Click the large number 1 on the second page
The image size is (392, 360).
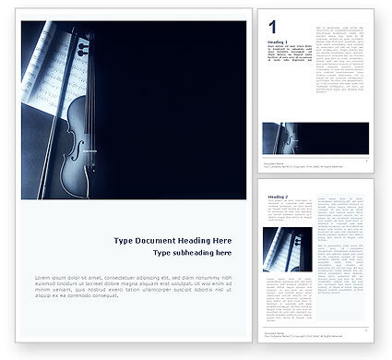[272, 27]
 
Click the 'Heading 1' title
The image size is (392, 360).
[277, 42]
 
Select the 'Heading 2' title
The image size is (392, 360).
[277, 198]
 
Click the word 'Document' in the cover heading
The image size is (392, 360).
[162, 240]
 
